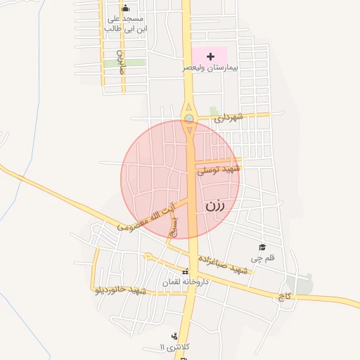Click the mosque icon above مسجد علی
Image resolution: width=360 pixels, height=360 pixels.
pos(125,8)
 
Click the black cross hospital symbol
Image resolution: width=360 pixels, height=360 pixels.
pos(210,55)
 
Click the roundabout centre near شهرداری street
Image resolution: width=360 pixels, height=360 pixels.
pos(189,119)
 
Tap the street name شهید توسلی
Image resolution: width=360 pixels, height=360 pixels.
pos(219,169)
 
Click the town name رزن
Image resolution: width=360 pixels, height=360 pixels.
pos(216,205)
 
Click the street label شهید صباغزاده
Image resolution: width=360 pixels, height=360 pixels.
pos(224,264)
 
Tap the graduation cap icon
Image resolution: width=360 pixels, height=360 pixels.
pos(262,247)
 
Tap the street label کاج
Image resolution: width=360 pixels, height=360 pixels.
pos(285,297)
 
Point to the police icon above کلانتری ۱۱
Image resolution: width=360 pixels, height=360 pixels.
pos(174,336)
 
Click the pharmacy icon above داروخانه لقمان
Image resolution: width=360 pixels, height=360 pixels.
pos(185,271)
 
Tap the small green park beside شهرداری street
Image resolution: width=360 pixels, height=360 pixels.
pos(213,110)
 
